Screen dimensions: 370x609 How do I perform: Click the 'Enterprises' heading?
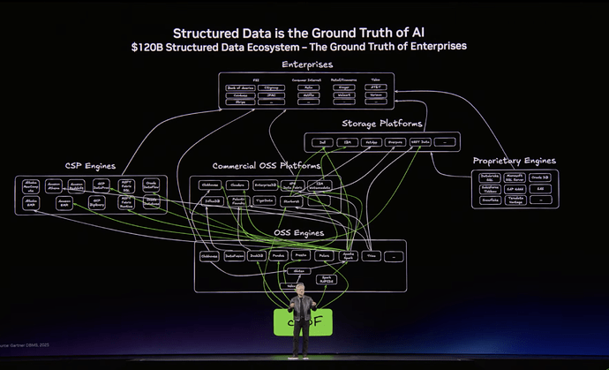coord(306,65)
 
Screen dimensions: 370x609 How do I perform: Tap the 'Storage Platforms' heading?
coord(382,124)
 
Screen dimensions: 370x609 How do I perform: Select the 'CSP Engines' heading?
coord(91,165)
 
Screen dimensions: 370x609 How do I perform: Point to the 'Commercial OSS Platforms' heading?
coord(264,166)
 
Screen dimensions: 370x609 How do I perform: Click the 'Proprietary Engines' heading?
coord(514,161)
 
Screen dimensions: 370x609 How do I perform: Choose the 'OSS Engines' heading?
coord(298,233)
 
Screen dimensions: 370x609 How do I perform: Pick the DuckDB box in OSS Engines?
coord(257,256)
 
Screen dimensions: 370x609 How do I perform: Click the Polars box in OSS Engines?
coord(324,256)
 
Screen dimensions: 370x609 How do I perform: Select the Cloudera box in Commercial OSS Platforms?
coord(237,185)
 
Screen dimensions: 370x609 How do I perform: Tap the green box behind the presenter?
coord(302,322)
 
